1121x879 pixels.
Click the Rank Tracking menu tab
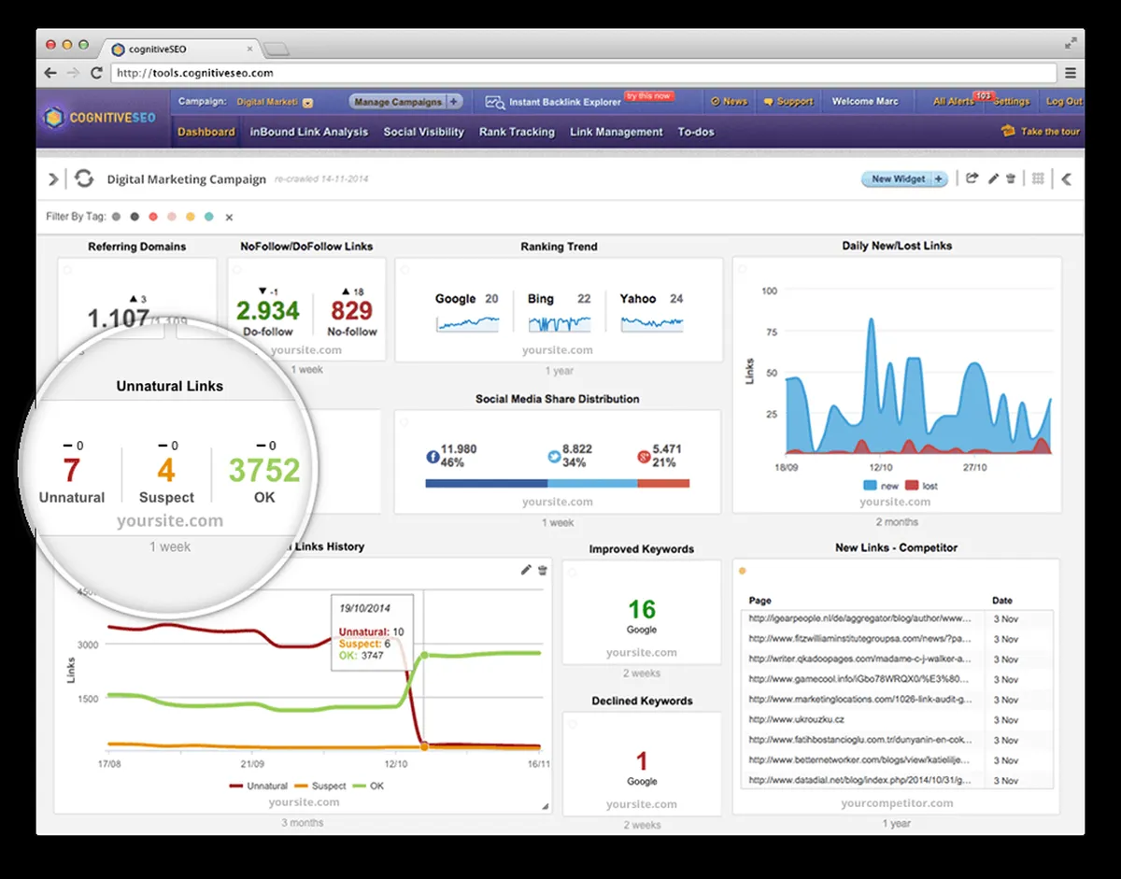point(517,132)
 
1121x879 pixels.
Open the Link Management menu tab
point(617,132)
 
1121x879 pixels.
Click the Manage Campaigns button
point(397,102)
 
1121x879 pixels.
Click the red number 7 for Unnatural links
point(72,470)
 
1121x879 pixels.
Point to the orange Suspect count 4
point(166,470)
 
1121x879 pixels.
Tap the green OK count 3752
point(264,470)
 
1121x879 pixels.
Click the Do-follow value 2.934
point(268,311)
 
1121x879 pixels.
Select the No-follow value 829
point(351,311)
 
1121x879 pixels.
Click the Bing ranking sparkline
point(559,323)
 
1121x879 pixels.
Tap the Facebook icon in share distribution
point(433,457)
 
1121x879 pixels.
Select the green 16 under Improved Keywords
point(641,610)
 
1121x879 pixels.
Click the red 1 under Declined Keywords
point(641,761)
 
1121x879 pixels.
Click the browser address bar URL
point(195,73)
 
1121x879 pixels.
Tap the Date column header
point(1001,601)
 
